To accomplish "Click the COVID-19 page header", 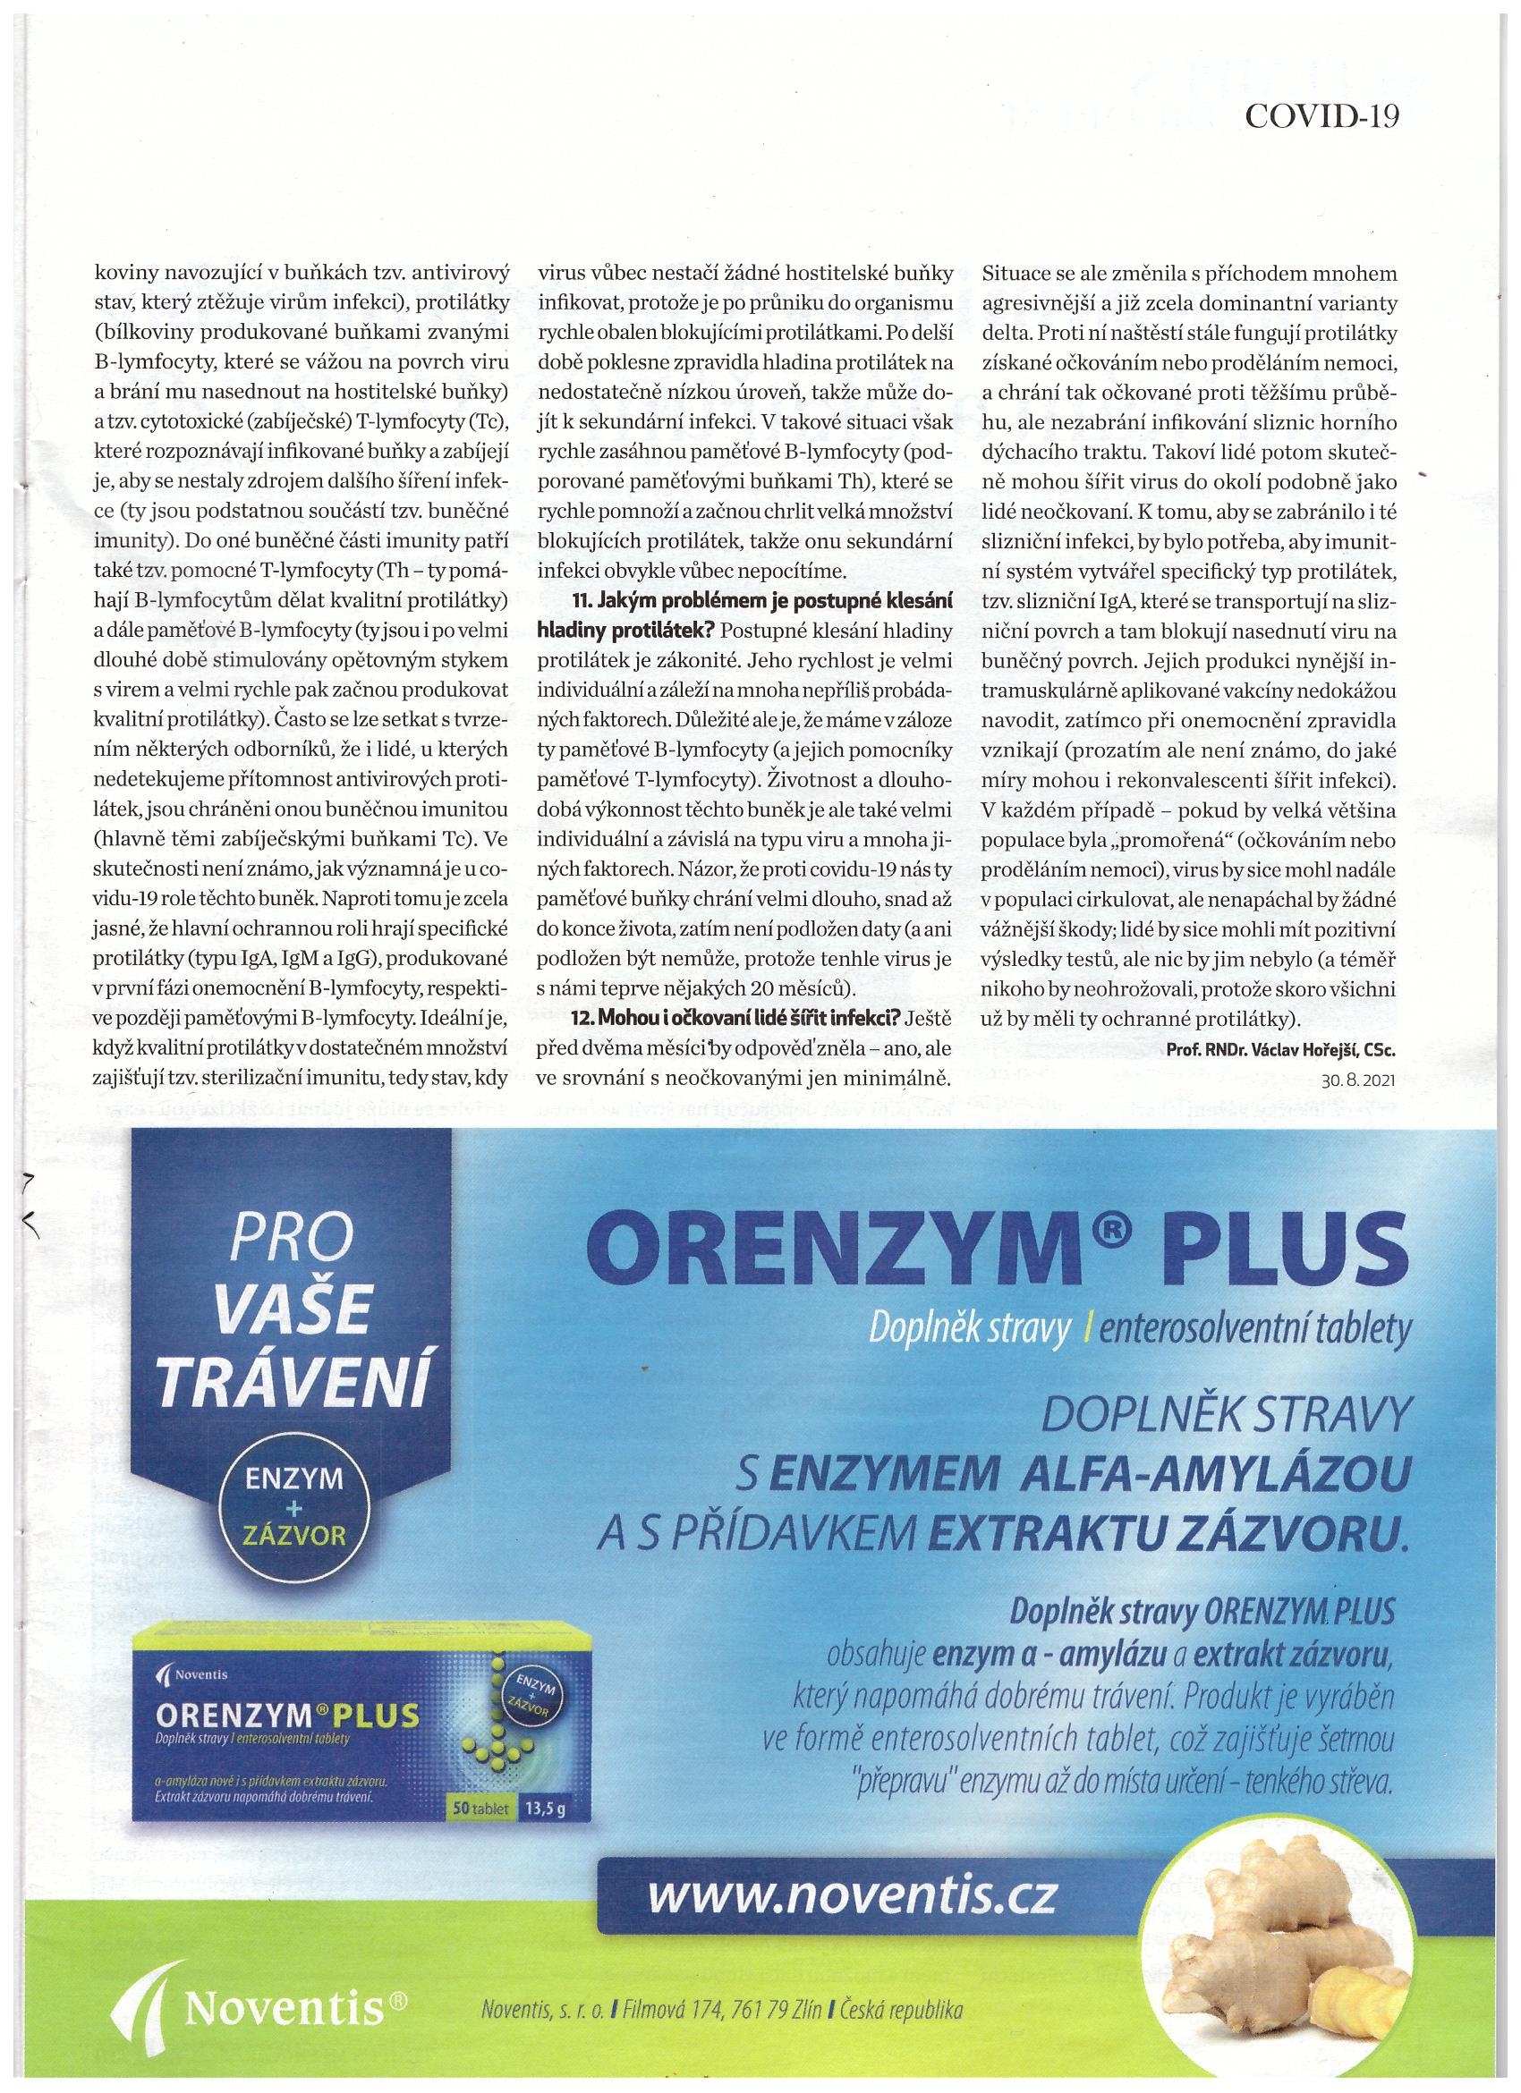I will point(1322,115).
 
